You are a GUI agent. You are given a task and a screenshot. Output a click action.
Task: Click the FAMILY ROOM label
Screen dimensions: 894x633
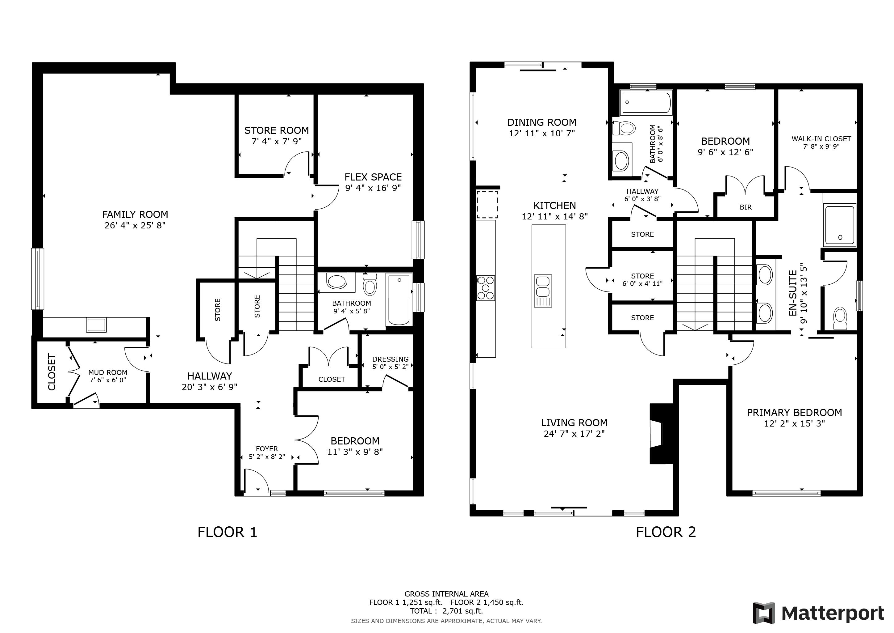[135, 215]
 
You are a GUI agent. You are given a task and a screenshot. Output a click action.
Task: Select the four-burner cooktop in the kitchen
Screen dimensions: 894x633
[486, 288]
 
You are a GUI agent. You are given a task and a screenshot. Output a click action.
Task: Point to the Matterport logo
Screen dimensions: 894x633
[818, 613]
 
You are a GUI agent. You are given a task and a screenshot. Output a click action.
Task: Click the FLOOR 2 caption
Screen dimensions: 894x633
[666, 532]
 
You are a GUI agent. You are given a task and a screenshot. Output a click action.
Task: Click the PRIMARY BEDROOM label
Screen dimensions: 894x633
[794, 412]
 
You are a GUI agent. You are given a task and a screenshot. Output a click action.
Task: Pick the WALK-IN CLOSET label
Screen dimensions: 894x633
[821, 139]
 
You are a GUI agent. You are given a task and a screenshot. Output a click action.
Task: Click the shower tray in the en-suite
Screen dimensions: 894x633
[840, 225]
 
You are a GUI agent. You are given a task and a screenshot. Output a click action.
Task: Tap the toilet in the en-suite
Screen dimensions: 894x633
[840, 319]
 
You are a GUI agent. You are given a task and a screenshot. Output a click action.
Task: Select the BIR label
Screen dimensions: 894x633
[746, 207]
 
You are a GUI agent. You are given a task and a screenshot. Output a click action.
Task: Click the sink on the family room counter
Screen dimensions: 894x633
[97, 325]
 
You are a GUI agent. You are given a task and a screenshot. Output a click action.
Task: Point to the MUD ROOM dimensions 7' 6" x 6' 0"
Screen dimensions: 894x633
[108, 380]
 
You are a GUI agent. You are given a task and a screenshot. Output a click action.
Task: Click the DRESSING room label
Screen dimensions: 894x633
[391, 359]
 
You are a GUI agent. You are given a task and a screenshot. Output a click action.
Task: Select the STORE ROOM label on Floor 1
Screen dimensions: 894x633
[277, 130]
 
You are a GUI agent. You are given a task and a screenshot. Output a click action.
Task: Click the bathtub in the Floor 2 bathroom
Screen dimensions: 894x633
[646, 103]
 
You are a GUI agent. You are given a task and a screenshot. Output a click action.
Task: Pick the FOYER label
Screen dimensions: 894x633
[267, 449]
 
